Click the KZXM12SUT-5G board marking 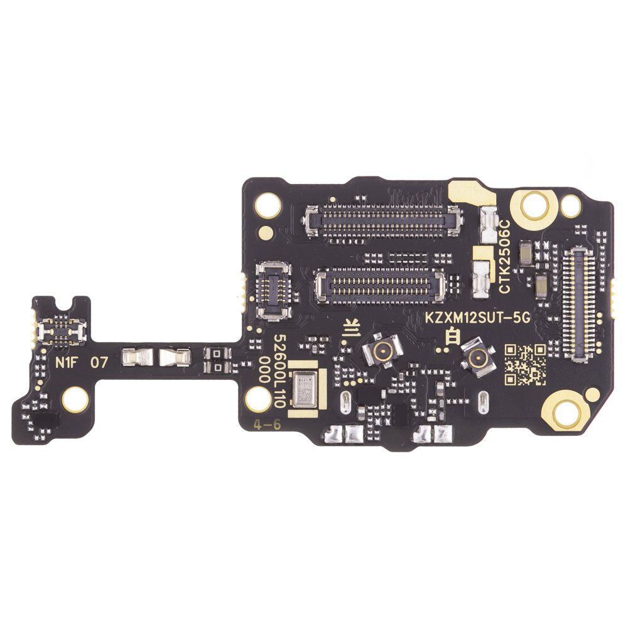pos(477,318)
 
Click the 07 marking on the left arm pos(99,363)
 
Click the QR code pos(524,364)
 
